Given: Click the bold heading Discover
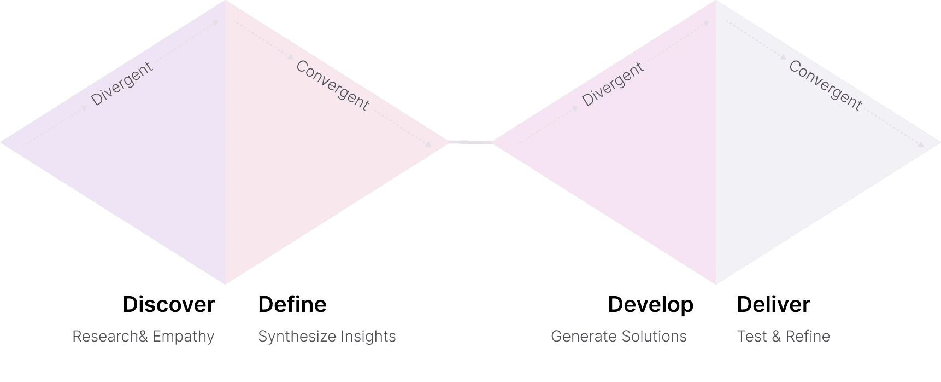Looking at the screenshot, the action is [x=168, y=305].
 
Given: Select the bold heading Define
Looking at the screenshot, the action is [x=292, y=305].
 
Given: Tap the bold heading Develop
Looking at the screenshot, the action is [x=650, y=305].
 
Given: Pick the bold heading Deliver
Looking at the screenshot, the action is [x=773, y=305].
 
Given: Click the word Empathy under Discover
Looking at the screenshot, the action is [x=183, y=337].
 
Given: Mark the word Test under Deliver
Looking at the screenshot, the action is [x=752, y=336].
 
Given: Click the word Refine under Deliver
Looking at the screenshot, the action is [x=808, y=336].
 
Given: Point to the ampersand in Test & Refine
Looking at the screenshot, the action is [x=777, y=336].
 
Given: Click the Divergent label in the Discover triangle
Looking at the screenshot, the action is [x=121, y=84].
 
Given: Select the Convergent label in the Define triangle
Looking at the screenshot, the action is [x=332, y=85].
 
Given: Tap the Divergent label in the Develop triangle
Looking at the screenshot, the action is [x=613, y=84].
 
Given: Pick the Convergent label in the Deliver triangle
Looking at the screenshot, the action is [x=825, y=85].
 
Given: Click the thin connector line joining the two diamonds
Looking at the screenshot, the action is [x=470, y=143].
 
